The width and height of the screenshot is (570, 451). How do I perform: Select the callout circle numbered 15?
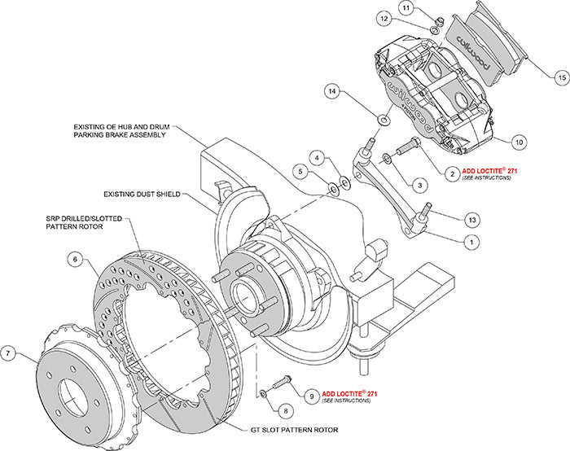559,77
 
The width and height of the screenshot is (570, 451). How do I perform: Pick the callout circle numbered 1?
470,242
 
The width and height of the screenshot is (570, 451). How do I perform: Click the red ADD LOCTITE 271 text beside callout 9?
350,393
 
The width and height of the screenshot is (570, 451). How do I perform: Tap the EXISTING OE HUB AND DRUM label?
118,130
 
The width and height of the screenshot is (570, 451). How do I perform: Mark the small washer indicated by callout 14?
382,121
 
